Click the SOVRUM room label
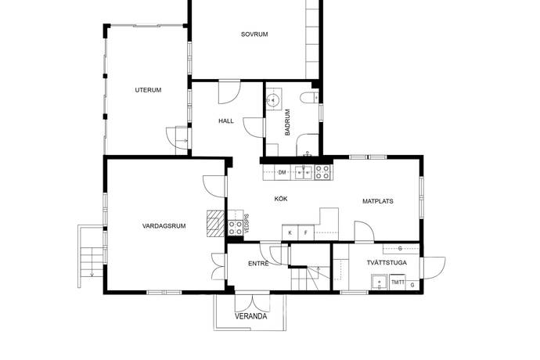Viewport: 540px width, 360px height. pos(254,34)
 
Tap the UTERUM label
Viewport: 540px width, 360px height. pos(148,90)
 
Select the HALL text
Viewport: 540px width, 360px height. pos(226,121)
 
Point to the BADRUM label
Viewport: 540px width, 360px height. pos(287,122)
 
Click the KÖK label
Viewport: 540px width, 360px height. pos(281,199)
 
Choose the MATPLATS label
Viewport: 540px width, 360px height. pos(378,201)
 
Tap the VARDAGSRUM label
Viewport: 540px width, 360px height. pos(164,226)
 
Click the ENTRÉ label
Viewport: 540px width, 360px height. pos(258,264)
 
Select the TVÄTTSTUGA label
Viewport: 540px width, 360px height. pos(387,262)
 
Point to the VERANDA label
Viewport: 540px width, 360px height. pos(250,316)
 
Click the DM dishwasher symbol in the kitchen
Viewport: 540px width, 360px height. pos(282,172)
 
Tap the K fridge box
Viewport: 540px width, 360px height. pos(290,232)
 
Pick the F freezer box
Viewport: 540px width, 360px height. pos(306,232)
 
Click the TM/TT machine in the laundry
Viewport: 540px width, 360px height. pos(398,283)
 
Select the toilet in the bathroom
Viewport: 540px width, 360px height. pos(309,98)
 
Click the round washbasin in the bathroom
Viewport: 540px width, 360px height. pos(274,99)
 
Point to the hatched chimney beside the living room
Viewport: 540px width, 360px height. pos(215,223)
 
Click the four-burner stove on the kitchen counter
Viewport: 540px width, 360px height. pos(322,172)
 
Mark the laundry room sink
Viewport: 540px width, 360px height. pos(380,282)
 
